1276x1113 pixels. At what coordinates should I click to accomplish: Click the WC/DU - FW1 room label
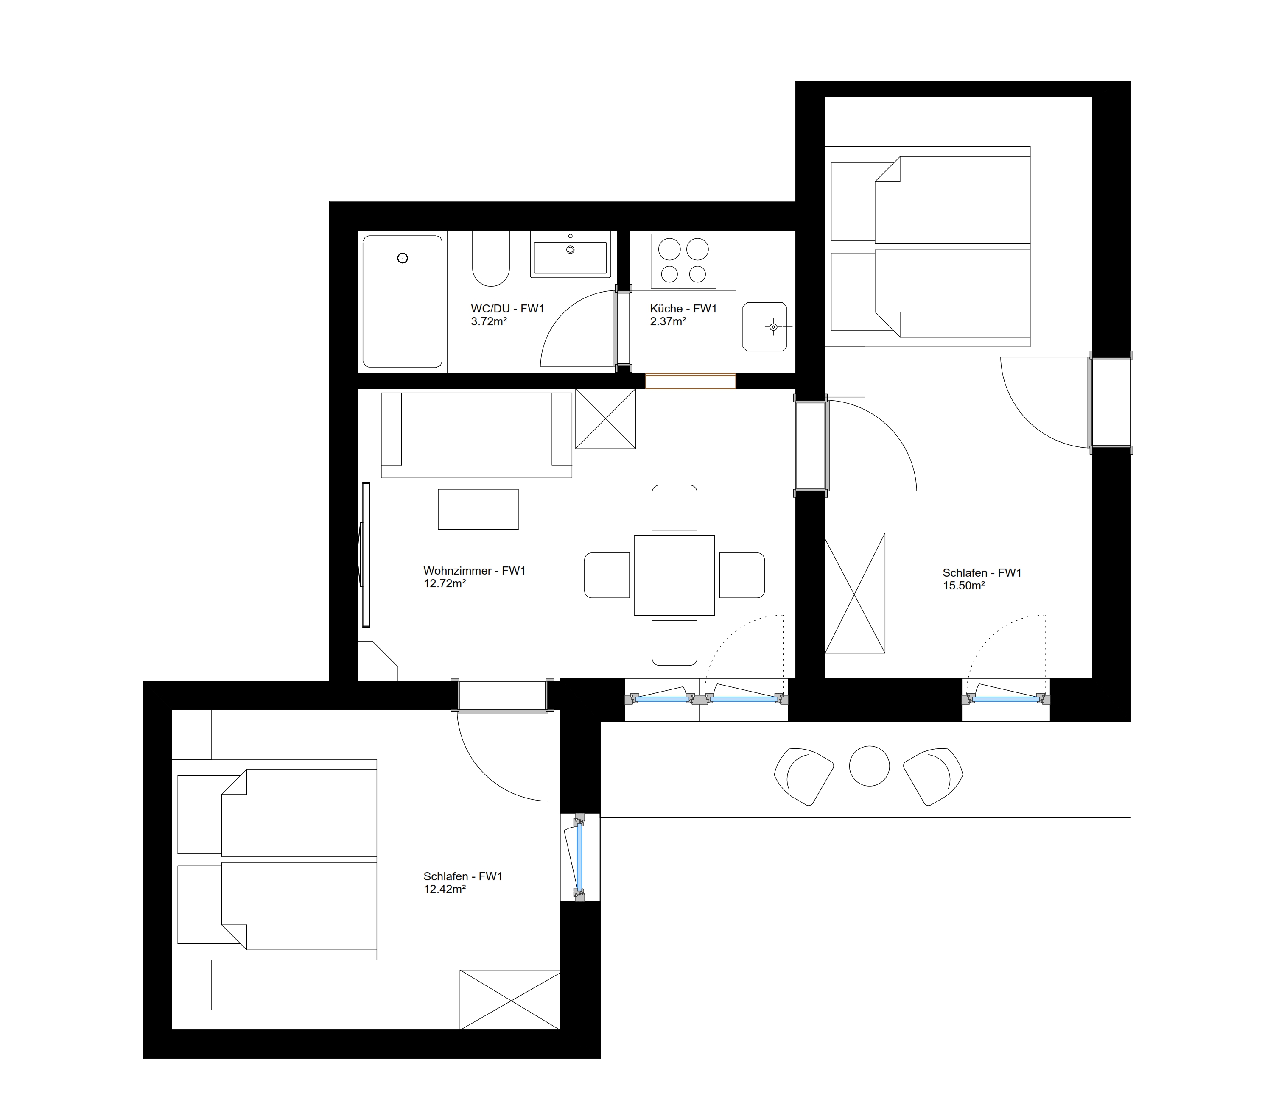click(507, 309)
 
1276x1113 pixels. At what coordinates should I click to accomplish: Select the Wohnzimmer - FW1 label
click(475, 571)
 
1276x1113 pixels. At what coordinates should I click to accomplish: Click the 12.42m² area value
click(445, 890)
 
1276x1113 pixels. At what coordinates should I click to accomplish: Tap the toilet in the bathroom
click(491, 258)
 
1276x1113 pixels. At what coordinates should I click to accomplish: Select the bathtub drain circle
click(403, 258)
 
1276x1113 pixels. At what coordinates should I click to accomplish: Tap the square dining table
click(674, 575)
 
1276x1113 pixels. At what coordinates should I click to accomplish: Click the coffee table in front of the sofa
click(478, 509)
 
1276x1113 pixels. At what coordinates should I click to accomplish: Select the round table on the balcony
click(869, 766)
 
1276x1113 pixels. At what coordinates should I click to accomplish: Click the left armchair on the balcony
click(804, 776)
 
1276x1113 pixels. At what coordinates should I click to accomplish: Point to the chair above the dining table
click(674, 508)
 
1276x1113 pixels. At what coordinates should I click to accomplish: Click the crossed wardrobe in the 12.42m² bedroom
click(510, 1000)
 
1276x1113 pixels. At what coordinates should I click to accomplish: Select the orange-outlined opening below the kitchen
click(691, 381)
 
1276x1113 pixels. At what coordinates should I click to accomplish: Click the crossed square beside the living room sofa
click(606, 418)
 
